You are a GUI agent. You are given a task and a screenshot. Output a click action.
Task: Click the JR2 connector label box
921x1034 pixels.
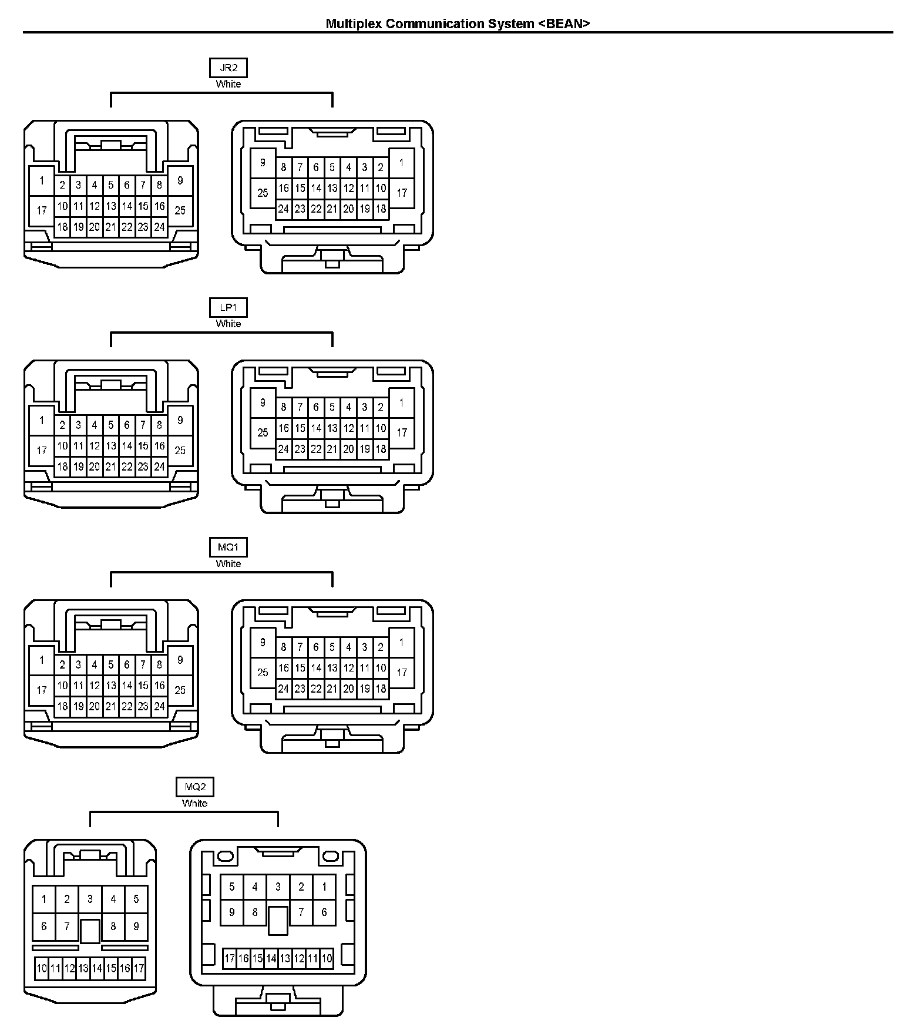click(x=228, y=68)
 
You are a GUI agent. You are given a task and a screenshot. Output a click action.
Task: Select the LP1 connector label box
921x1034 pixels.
click(x=228, y=307)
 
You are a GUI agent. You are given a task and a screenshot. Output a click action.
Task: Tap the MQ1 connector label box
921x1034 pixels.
click(x=228, y=547)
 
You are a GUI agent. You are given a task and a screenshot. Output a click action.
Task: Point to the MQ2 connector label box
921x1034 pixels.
click(x=195, y=787)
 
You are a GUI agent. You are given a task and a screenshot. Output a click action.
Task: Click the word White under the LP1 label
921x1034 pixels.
click(x=228, y=324)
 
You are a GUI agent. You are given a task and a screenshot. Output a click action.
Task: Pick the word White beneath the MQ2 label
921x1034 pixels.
click(x=195, y=803)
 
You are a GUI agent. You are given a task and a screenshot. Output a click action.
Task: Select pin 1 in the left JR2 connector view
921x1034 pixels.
click(x=42, y=180)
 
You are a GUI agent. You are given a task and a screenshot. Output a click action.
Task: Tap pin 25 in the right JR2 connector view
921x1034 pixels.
click(x=263, y=193)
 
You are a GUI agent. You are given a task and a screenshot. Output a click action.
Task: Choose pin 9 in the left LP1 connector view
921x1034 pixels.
click(x=180, y=420)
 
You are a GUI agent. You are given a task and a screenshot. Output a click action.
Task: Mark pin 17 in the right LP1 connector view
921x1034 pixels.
click(x=402, y=432)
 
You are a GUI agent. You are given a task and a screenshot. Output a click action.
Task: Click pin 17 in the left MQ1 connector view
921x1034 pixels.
click(x=42, y=690)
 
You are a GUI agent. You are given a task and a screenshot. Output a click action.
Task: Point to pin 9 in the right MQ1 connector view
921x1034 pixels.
click(x=263, y=642)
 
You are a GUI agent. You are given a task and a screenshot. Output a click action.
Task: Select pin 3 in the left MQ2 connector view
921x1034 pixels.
click(x=90, y=899)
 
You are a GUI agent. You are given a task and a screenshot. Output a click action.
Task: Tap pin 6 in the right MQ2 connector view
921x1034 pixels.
click(x=324, y=912)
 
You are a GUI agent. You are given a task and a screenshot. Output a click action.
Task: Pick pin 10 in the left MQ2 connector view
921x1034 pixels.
click(x=42, y=968)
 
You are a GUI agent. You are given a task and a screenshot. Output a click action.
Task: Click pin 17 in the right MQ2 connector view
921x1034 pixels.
click(x=230, y=959)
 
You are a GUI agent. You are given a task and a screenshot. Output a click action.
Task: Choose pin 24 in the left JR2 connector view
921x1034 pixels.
click(x=159, y=227)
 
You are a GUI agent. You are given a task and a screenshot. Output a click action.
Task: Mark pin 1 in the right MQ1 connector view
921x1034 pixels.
click(x=402, y=642)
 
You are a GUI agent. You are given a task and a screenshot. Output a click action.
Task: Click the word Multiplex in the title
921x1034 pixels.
click(x=354, y=23)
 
